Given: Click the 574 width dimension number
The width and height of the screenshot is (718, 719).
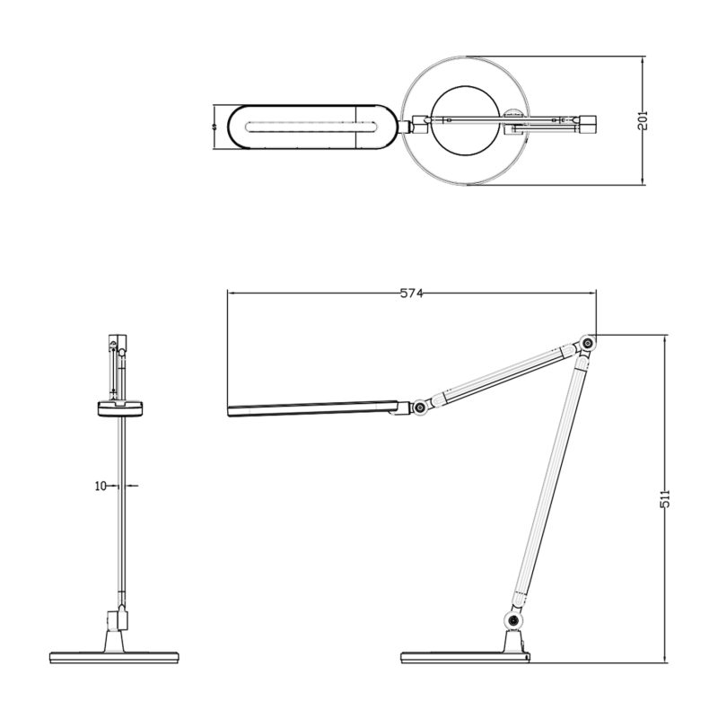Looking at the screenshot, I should tap(412, 294).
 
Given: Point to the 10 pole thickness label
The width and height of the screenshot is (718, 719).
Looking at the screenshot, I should tap(101, 486).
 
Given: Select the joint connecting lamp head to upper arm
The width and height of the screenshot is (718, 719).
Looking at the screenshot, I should tap(418, 408).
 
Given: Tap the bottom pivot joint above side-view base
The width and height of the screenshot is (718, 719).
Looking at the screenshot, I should tap(513, 621).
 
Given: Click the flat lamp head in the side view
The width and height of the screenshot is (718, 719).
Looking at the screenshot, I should tap(314, 409).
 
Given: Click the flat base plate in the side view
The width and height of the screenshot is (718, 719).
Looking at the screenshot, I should tap(465, 654).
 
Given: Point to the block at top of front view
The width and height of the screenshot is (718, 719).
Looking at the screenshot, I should tap(118, 342).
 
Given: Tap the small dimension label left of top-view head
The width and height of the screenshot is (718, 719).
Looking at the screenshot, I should tap(215, 127).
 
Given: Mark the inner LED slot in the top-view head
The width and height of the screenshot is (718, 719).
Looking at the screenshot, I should tap(305, 127).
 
